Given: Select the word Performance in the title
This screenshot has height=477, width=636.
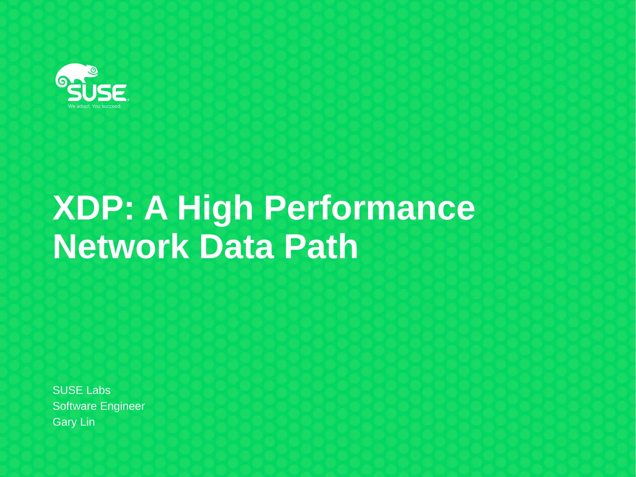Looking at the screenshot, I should (x=369, y=208).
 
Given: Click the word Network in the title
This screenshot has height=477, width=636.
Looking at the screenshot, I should (x=121, y=247).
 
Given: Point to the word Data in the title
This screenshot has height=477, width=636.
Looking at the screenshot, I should (x=237, y=247).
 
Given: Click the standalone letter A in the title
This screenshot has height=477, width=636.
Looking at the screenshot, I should (x=156, y=208).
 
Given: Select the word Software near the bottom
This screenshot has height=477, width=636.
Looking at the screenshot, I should (x=75, y=406).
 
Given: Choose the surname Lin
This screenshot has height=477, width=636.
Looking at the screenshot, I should (x=88, y=422).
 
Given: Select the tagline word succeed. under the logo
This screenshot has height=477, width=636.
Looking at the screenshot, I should (x=111, y=106).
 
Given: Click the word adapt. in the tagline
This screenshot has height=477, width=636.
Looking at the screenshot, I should (x=84, y=106).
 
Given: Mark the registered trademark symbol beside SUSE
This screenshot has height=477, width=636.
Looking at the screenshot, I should (x=128, y=100).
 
